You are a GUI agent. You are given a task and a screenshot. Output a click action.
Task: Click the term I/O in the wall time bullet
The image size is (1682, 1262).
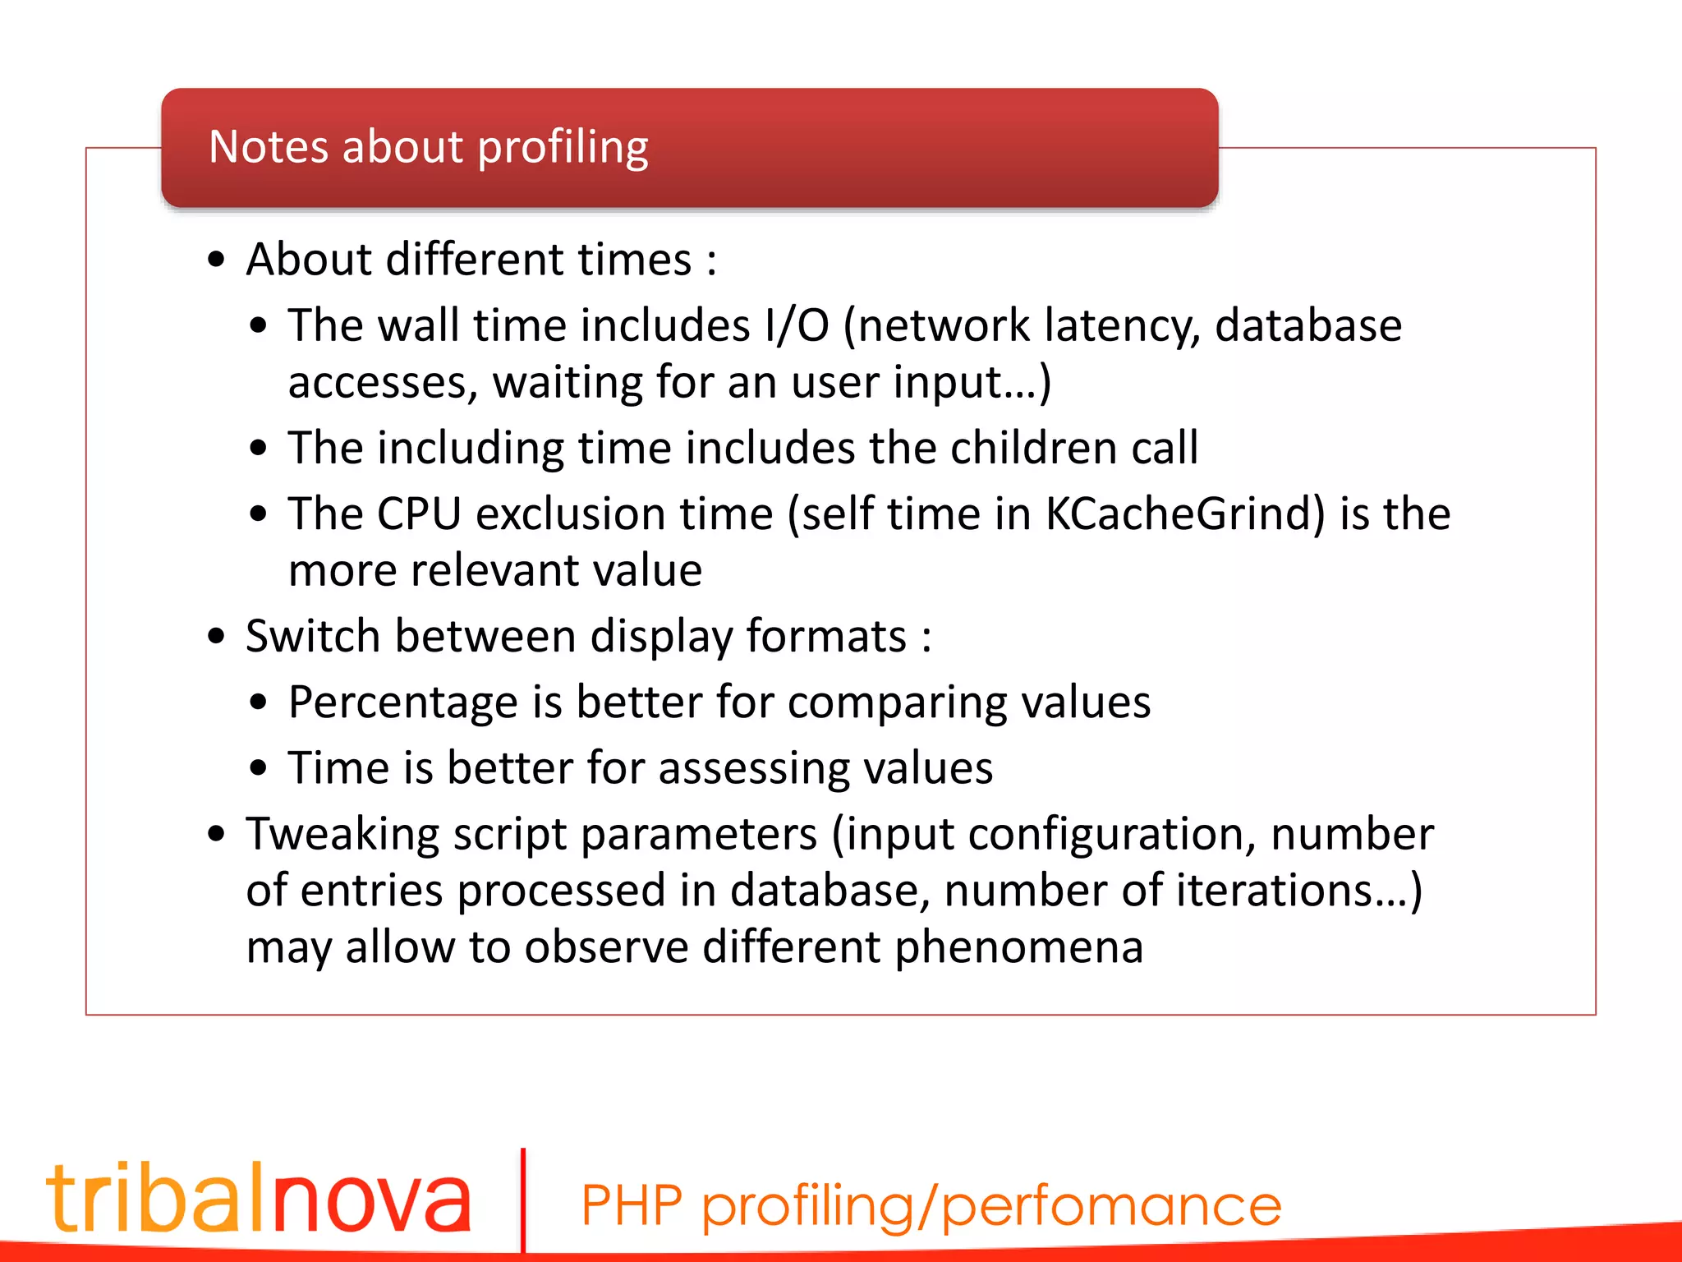(x=797, y=325)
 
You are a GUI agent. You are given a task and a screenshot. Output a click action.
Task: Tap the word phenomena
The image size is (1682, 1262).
(x=1018, y=948)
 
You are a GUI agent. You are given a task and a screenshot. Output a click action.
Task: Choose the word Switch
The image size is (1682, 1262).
(x=313, y=637)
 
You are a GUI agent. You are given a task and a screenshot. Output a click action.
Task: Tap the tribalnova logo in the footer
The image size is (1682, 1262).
(x=259, y=1197)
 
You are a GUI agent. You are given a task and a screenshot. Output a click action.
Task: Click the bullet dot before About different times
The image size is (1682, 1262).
(x=216, y=260)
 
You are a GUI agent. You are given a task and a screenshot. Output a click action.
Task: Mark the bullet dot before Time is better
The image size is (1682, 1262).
(x=259, y=769)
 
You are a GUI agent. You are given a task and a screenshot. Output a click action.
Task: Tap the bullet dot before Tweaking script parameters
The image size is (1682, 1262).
(x=216, y=835)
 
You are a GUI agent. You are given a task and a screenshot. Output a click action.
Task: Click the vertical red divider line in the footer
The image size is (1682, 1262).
(x=523, y=1200)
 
